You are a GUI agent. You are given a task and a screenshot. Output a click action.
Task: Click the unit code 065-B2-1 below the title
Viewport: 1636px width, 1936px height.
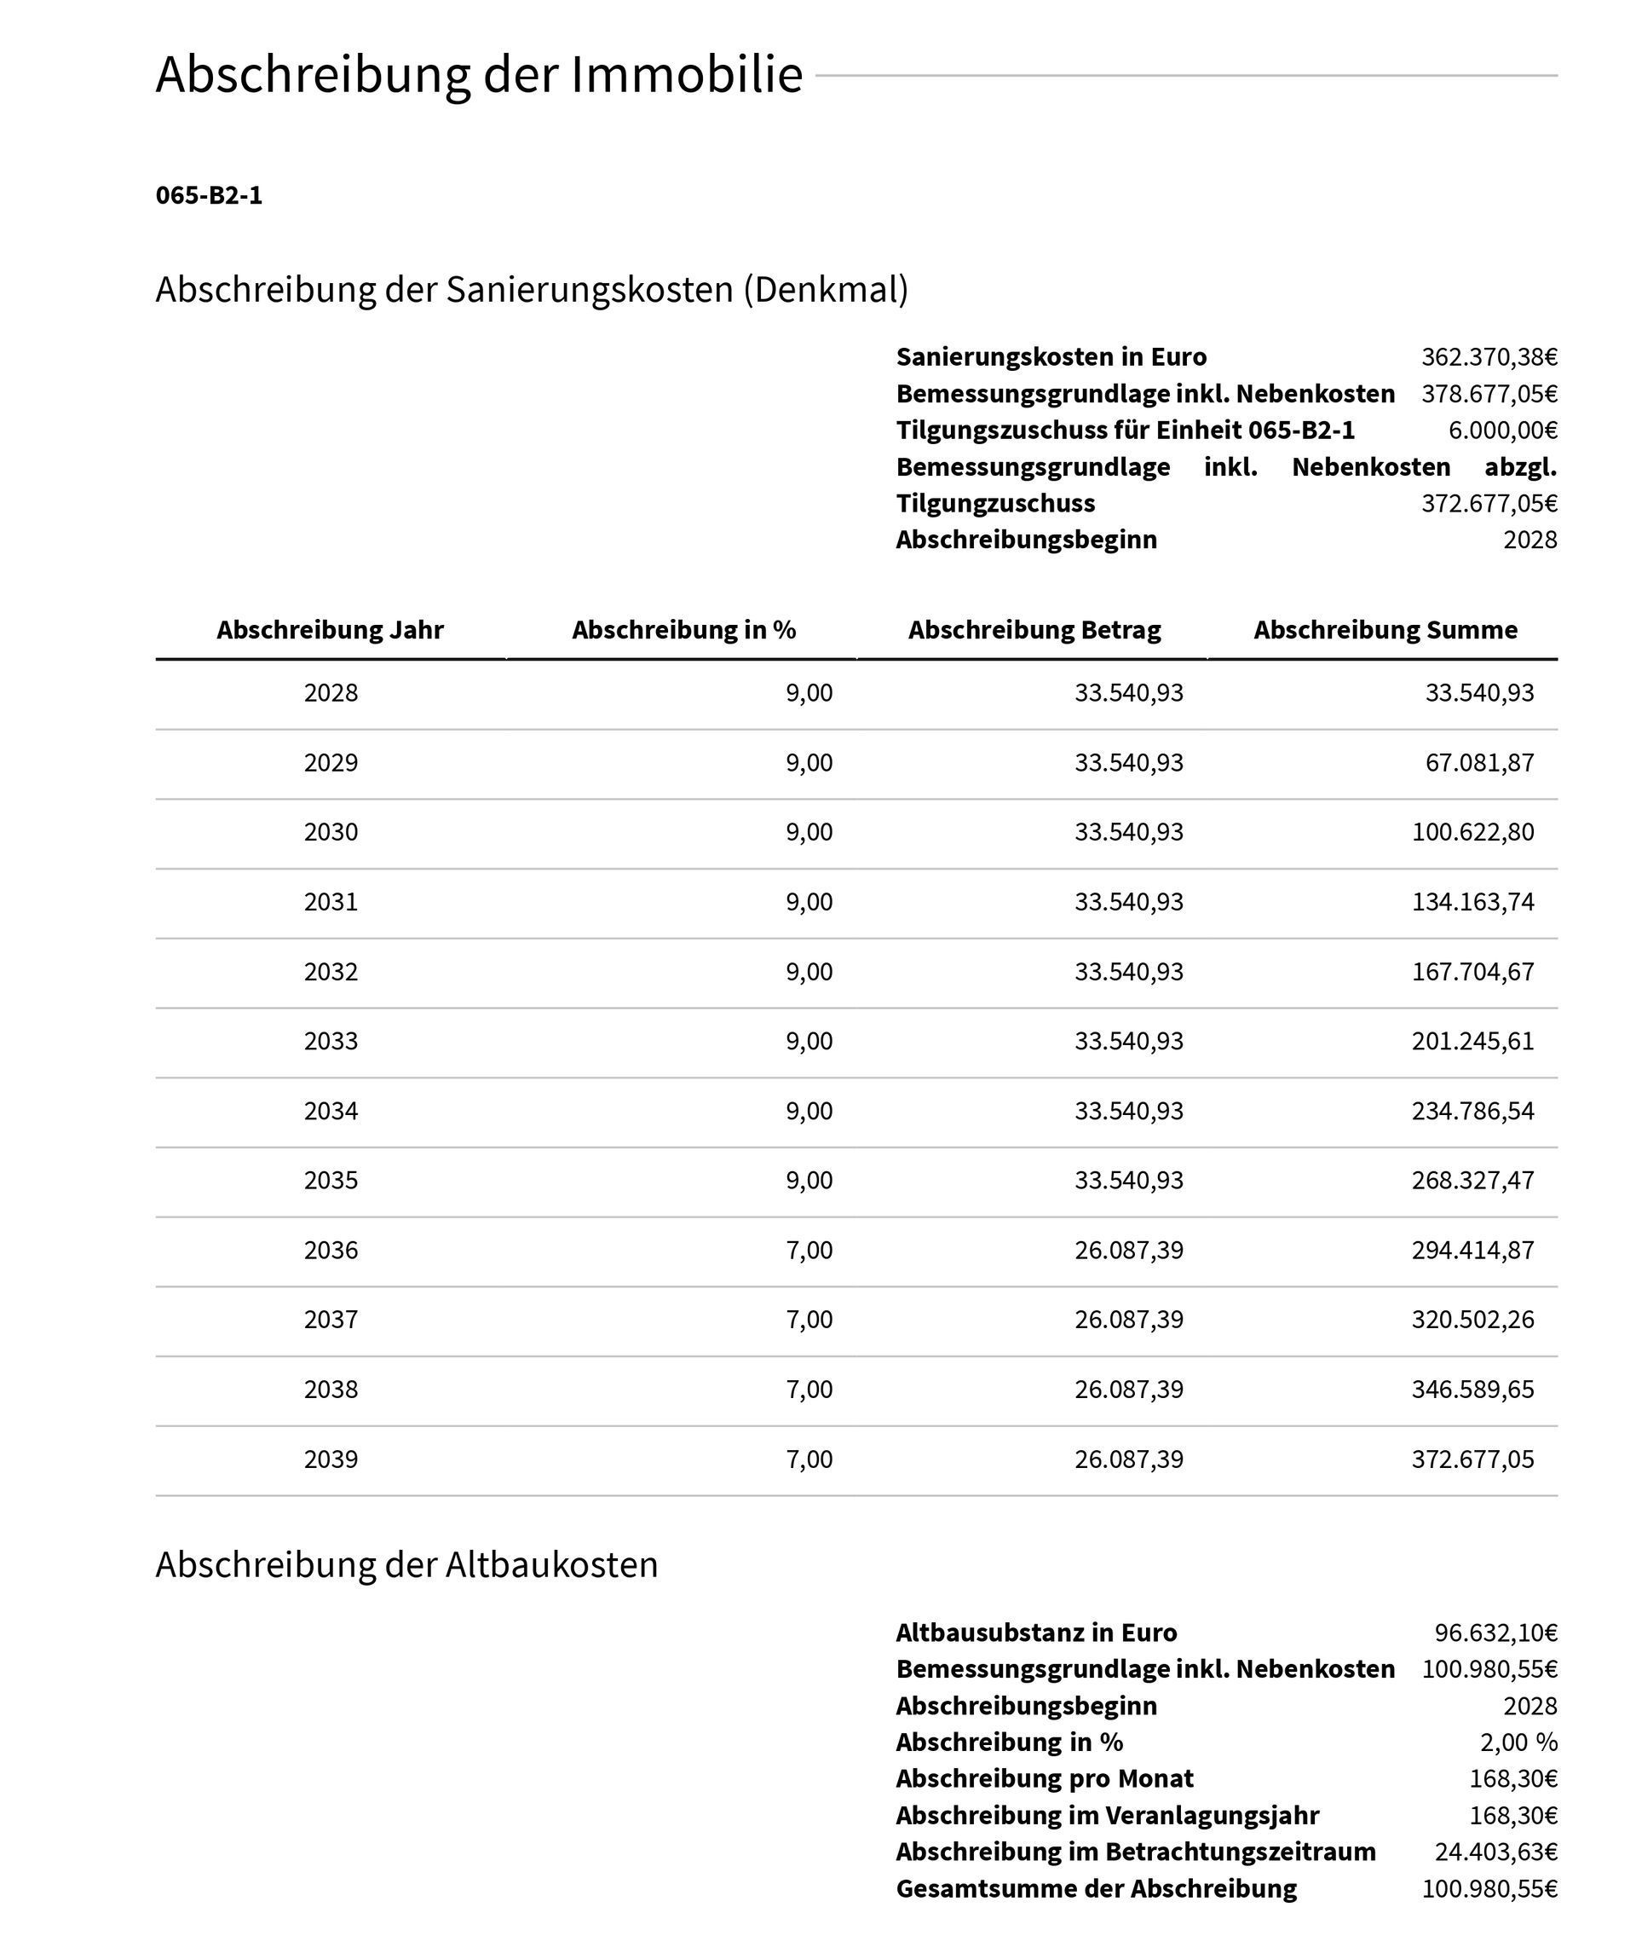(209, 196)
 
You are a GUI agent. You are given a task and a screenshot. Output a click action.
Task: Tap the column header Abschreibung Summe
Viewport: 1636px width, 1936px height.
(1385, 630)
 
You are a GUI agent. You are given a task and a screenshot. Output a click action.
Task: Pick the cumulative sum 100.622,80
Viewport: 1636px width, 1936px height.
(1472, 832)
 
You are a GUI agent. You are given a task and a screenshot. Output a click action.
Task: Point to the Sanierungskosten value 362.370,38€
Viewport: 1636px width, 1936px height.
(1489, 357)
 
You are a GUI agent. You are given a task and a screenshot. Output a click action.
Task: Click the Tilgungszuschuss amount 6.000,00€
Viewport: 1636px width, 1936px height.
(1502, 431)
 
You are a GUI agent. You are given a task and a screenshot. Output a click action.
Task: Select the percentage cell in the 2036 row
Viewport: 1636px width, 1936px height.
(809, 1251)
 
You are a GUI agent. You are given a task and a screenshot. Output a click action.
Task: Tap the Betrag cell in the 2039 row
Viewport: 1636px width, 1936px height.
(1129, 1459)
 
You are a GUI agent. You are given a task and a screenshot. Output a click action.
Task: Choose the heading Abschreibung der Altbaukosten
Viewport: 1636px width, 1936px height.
(406, 1565)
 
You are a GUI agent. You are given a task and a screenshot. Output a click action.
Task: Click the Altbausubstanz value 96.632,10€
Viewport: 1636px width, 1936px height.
(1495, 1633)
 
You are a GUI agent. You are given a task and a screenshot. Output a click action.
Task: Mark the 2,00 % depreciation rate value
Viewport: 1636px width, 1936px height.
(1518, 1742)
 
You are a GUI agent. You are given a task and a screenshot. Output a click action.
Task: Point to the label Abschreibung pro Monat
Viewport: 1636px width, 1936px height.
(1045, 1778)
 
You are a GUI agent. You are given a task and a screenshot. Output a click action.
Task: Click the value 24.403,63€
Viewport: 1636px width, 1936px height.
(1495, 1852)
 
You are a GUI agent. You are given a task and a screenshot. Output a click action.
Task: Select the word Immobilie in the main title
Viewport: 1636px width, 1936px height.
(686, 74)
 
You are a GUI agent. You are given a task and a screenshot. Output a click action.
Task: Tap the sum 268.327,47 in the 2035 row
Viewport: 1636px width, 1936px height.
(1472, 1180)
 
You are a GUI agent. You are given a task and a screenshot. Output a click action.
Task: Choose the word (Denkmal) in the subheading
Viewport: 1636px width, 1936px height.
(825, 290)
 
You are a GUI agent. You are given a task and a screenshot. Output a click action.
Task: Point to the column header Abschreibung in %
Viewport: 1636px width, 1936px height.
(683, 630)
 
